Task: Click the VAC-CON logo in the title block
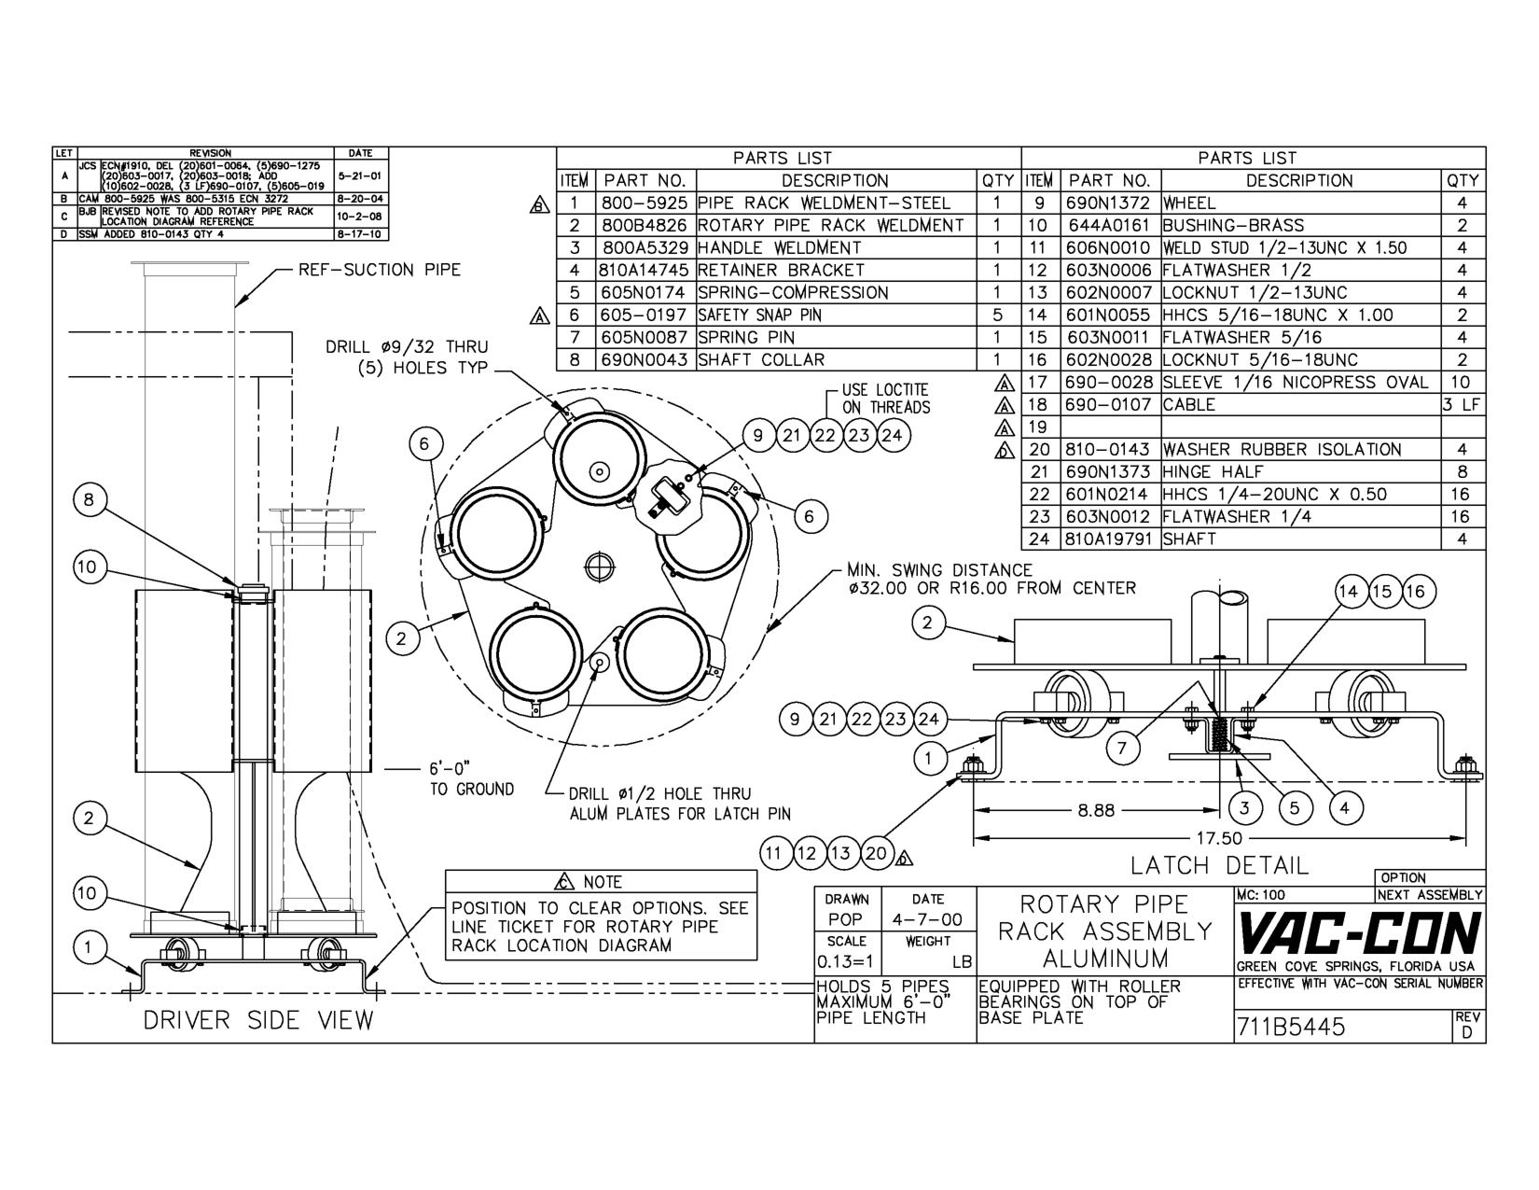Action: tap(1359, 934)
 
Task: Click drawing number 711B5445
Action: tap(1291, 1028)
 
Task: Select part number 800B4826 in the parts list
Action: tap(644, 226)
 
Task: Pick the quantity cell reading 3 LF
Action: tap(1462, 405)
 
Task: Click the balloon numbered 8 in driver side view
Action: tap(89, 500)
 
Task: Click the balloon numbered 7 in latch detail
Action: tap(1122, 747)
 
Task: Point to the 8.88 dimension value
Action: tap(1096, 810)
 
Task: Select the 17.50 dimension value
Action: tap(1219, 838)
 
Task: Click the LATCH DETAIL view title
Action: tap(1219, 865)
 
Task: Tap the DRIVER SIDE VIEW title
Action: tap(257, 1020)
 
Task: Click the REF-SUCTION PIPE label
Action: tap(379, 271)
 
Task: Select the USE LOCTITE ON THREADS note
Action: tap(885, 399)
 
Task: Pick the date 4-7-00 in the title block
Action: tap(927, 920)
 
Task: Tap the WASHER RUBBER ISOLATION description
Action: tap(1281, 450)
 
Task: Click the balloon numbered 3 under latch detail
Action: tap(1244, 808)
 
